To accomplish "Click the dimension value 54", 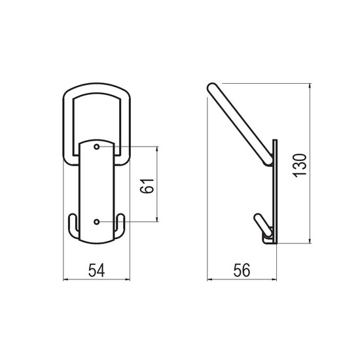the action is (96, 270).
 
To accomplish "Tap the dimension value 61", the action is (147, 186).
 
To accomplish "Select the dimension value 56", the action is (242, 270).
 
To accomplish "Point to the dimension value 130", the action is (300, 166).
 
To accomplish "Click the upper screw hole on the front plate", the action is (97, 147).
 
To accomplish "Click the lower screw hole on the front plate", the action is (97, 222).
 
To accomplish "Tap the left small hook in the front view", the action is (73, 226).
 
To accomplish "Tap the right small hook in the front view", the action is (120, 226).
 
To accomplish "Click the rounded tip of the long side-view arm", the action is (211, 87).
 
